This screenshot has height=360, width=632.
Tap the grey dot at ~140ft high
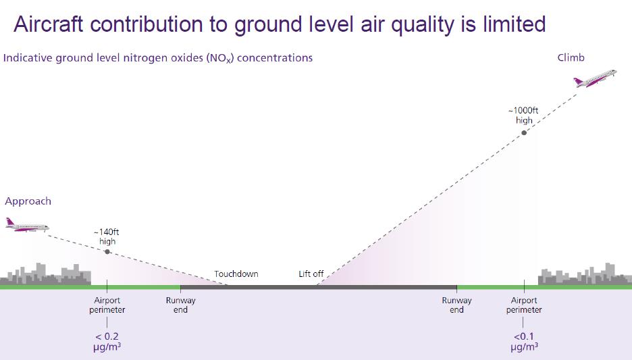click(x=107, y=251)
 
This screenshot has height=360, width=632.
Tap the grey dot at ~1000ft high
click(x=524, y=132)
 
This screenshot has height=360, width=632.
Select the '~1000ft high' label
click(x=524, y=115)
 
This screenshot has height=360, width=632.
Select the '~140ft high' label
click(x=107, y=236)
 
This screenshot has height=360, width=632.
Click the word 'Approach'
click(x=28, y=201)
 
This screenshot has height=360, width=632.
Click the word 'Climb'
click(x=571, y=58)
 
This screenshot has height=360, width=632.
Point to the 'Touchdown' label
click(x=236, y=274)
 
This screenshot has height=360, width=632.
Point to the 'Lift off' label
click(x=311, y=274)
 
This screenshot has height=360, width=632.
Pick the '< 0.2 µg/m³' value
click(x=107, y=342)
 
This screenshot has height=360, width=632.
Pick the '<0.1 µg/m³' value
click(x=524, y=342)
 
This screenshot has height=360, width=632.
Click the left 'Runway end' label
click(x=180, y=305)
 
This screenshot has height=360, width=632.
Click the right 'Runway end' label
click(x=457, y=305)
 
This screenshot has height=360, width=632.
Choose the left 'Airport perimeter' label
click(x=107, y=305)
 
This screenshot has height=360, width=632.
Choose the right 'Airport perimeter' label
click(x=524, y=305)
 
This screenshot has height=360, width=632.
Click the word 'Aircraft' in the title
click(x=50, y=24)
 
